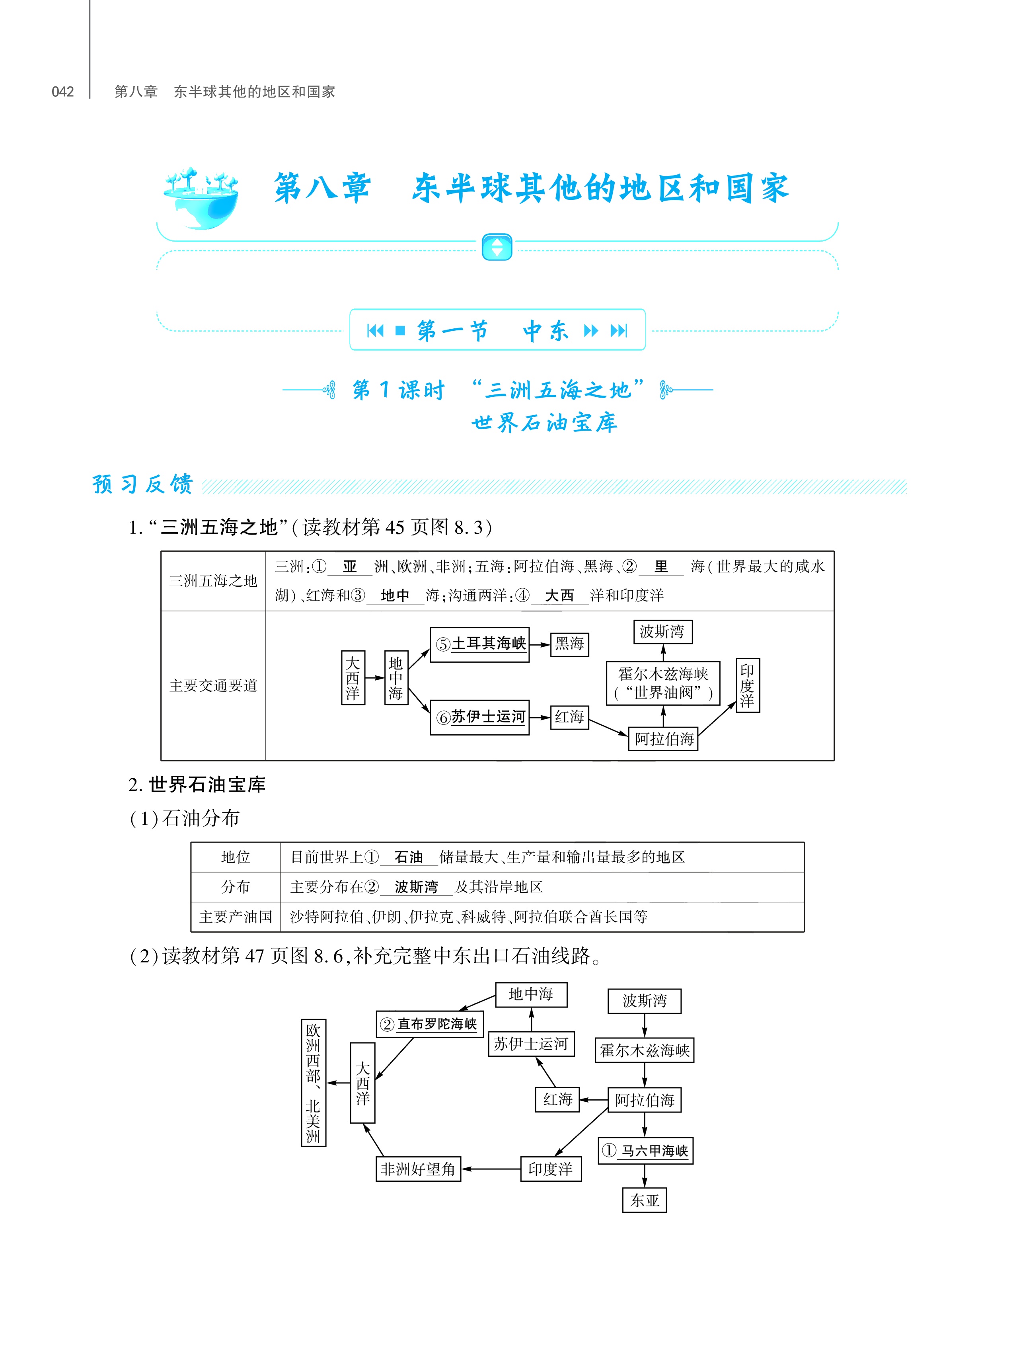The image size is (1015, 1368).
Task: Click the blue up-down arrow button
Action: coord(497,247)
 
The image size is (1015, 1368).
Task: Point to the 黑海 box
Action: coord(569,644)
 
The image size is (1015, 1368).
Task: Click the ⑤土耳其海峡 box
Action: coord(479,644)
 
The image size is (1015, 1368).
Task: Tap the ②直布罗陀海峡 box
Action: coord(429,1024)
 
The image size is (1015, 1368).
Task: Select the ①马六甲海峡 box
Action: coord(645,1150)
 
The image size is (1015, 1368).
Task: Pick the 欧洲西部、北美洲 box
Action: coord(314,1083)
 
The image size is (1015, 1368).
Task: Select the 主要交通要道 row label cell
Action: coord(213,686)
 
